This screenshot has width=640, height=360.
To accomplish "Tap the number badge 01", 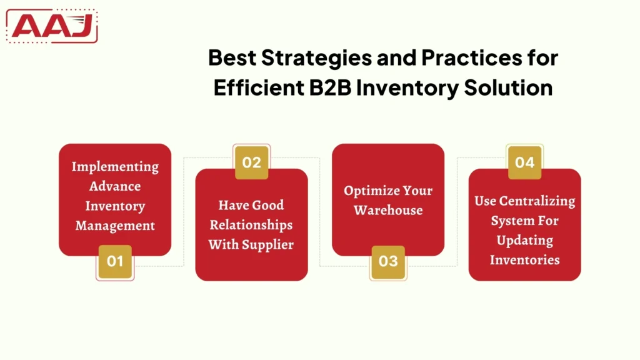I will click(x=115, y=261).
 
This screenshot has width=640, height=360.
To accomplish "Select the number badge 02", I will click(x=251, y=162).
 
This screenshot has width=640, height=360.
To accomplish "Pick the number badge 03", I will click(x=388, y=261).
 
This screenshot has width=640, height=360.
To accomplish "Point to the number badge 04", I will click(x=524, y=162).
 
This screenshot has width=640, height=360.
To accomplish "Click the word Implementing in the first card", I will click(x=115, y=167).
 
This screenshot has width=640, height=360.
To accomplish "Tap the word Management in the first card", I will click(x=115, y=226).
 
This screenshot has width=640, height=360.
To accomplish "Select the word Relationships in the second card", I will click(x=251, y=225).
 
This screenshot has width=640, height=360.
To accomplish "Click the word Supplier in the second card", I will click(x=268, y=245).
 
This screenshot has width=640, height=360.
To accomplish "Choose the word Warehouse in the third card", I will click(x=388, y=211).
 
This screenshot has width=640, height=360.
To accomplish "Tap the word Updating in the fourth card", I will click(x=525, y=240).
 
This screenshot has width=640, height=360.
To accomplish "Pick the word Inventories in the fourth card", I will click(x=525, y=259).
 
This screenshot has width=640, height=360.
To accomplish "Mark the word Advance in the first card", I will click(x=115, y=186).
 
